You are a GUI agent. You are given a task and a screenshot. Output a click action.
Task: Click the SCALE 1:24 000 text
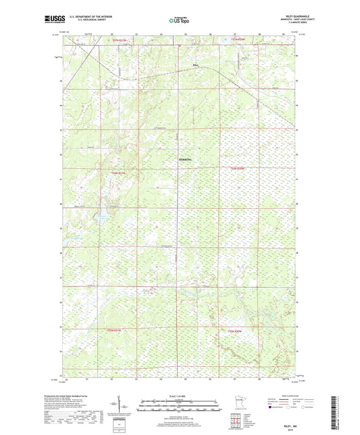180,396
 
